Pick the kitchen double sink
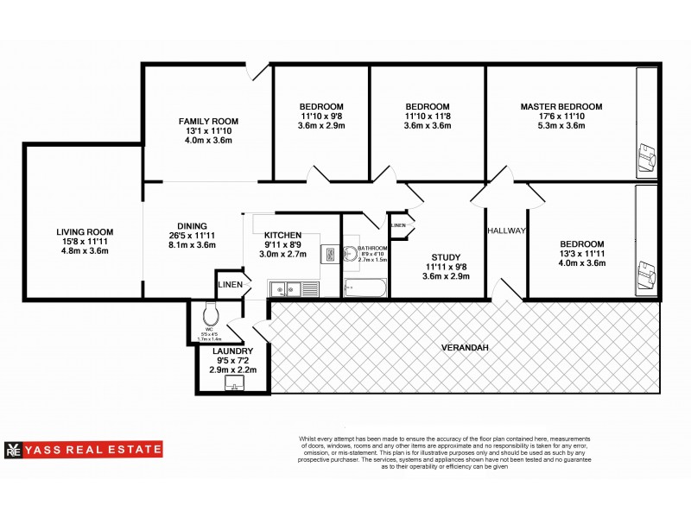point(284,288)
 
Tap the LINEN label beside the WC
point(230,285)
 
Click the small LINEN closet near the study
point(399,225)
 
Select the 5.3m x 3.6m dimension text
point(561,126)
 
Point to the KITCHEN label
point(282,235)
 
